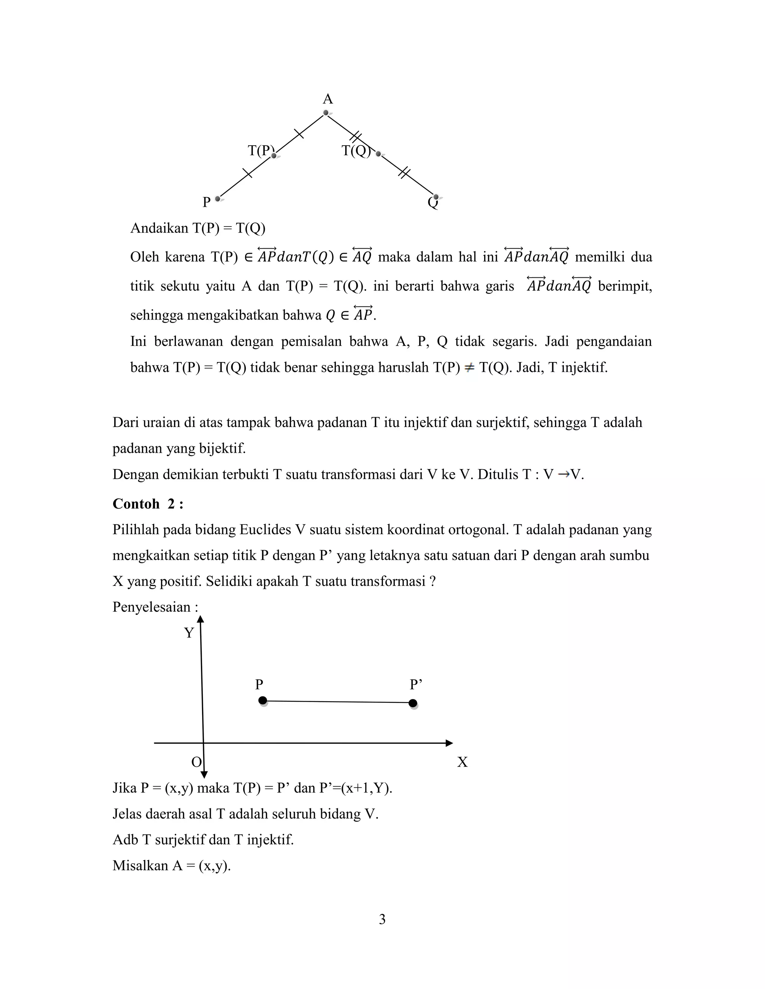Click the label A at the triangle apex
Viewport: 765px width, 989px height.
coord(328,99)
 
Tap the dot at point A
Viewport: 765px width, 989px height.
coord(326,113)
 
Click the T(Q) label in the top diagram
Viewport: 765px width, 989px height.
coord(356,150)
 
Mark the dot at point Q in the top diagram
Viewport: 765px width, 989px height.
coord(436,197)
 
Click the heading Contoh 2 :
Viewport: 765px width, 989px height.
coord(148,504)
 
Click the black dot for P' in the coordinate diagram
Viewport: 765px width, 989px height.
coord(412,703)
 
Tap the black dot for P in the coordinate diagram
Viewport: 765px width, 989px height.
coord(262,701)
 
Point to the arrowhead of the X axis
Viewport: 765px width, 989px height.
coord(449,743)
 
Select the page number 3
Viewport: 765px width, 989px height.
coord(382,920)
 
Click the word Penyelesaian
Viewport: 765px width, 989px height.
coord(151,607)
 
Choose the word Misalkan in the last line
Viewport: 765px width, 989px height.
coord(140,866)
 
